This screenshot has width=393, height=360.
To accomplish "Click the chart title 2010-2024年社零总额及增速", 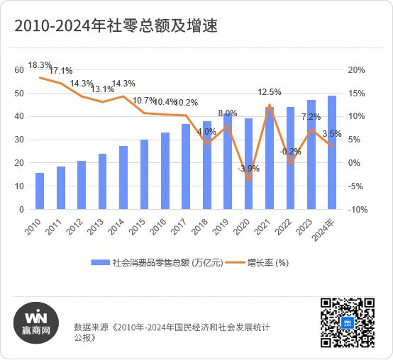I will click(x=114, y=26).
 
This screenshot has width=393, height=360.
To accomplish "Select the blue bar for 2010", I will click(x=40, y=191).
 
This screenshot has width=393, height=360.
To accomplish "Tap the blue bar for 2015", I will click(x=144, y=174).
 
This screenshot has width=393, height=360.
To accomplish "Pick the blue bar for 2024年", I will click(x=331, y=152).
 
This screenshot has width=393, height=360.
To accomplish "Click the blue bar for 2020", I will click(x=248, y=164).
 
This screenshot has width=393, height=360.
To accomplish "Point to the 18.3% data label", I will click(x=39, y=65).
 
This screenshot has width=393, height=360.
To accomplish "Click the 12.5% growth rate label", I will click(x=270, y=92).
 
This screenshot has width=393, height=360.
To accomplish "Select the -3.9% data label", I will click(x=248, y=169).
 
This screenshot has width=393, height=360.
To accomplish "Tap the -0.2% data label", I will click(x=290, y=152).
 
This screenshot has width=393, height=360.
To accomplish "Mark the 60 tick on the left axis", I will click(x=19, y=70).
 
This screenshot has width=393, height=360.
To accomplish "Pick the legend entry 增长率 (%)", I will click(x=267, y=262).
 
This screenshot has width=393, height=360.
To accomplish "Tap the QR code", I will click(x=347, y=322).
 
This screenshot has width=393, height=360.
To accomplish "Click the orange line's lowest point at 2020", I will click(x=248, y=180).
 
